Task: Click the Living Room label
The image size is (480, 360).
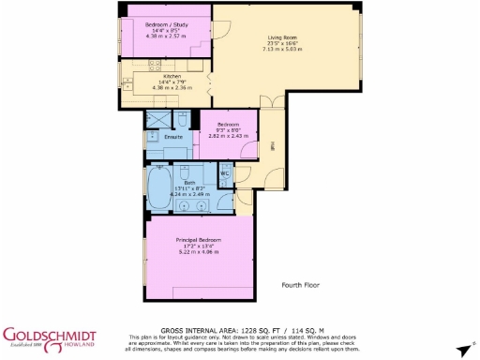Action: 281,37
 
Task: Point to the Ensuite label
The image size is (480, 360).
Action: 173,138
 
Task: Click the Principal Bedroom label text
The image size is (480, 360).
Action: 199,240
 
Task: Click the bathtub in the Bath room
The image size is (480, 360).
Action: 158,187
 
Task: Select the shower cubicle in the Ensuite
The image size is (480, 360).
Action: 157,120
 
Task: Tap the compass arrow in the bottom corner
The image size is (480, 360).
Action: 461,349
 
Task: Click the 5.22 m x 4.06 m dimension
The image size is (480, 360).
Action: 199,252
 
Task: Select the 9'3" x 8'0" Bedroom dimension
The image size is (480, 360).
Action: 229,130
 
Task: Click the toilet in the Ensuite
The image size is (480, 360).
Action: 186,121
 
